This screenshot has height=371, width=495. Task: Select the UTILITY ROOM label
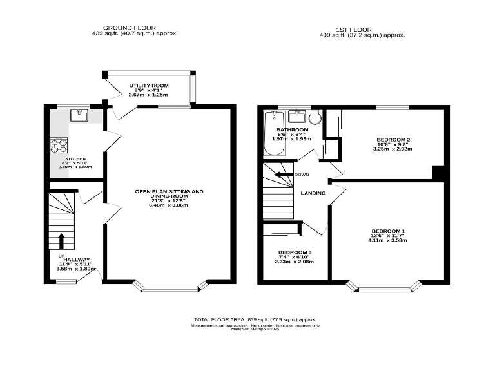pyautogui.click(x=148, y=85)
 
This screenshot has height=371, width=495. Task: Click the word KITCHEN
pyautogui.click(x=72, y=159)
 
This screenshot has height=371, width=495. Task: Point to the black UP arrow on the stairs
pyautogui.click(x=61, y=241)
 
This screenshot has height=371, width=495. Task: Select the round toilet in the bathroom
pyautogui.click(x=315, y=117)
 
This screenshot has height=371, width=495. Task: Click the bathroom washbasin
pyautogui.click(x=296, y=117)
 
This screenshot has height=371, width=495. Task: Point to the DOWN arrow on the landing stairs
pyautogui.click(x=284, y=175)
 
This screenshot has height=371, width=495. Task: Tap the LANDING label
pyautogui.click(x=313, y=193)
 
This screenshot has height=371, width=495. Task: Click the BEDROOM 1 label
pyautogui.click(x=388, y=231)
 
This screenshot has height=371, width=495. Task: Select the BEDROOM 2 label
pyautogui.click(x=393, y=140)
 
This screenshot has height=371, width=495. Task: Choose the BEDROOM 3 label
pyautogui.click(x=295, y=252)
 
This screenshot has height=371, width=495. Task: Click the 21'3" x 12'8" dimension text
pyautogui.click(x=168, y=200)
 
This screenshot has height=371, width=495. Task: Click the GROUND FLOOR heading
pyautogui.click(x=134, y=28)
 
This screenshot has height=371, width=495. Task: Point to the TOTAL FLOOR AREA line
pyautogui.click(x=255, y=319)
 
